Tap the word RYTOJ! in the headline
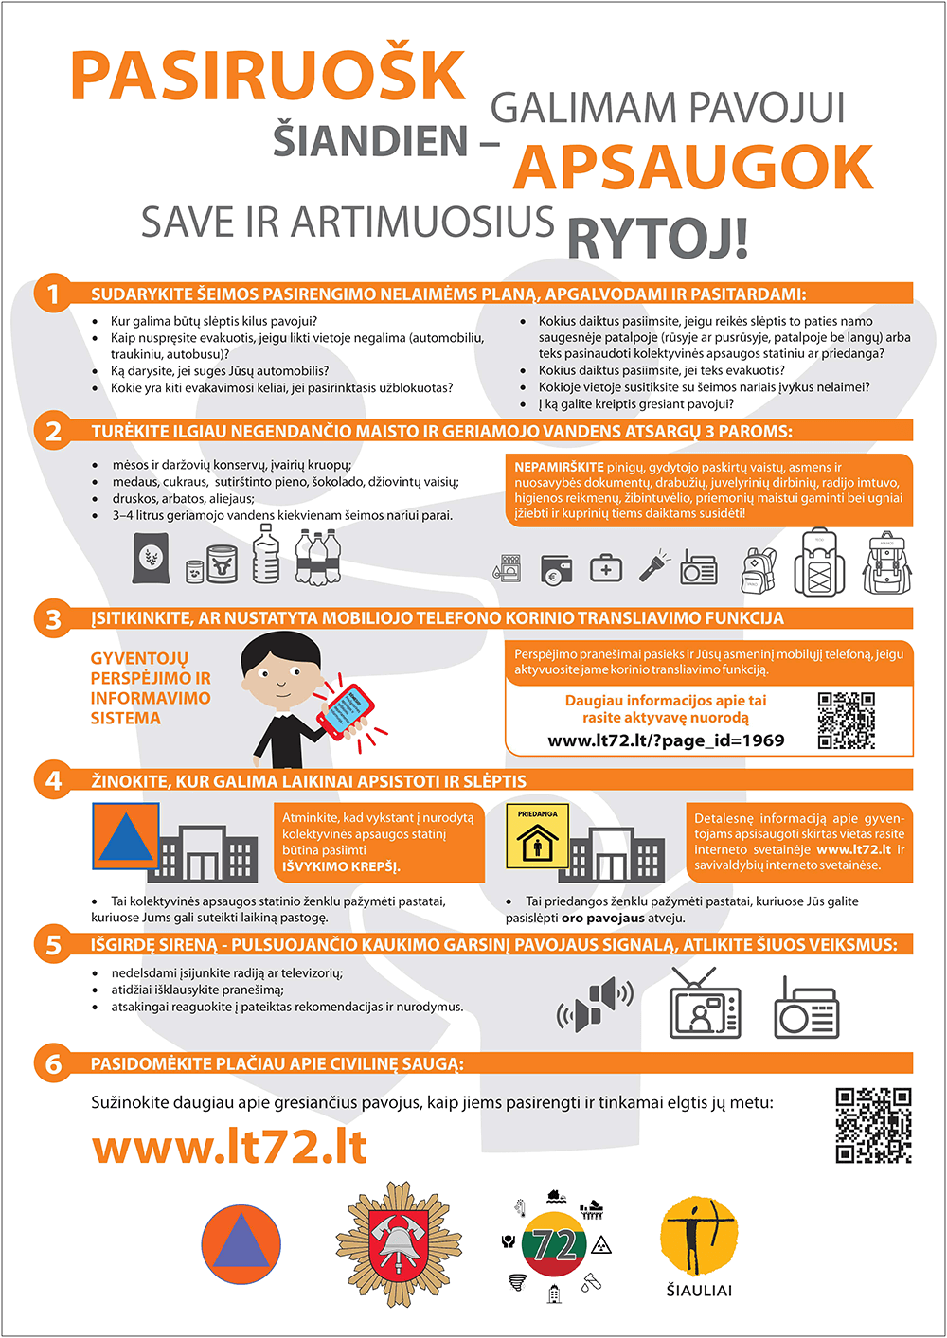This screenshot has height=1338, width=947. pyautogui.click(x=658, y=238)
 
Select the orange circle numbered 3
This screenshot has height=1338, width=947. pyautogui.click(x=53, y=618)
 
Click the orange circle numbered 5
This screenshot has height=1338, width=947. pyautogui.click(x=53, y=944)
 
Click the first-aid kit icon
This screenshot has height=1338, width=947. pyautogui.click(x=606, y=568)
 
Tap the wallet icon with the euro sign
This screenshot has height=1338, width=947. pyautogui.click(x=556, y=570)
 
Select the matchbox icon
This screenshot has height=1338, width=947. pyautogui.click(x=508, y=569)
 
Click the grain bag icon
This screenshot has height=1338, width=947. pyautogui.click(x=151, y=558)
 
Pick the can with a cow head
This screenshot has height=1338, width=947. pyautogui.click(x=223, y=563)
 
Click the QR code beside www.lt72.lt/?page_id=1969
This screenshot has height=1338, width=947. pyautogui.click(x=846, y=721)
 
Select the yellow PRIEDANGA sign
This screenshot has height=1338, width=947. pyautogui.click(x=537, y=835)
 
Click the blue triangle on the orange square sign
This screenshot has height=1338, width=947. pyautogui.click(x=125, y=838)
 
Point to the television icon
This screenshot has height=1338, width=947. pyautogui.click(x=705, y=1004)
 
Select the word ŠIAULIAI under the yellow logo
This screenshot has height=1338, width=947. pyautogui.click(x=699, y=1291)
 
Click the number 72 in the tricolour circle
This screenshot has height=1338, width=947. pyautogui.click(x=556, y=1244)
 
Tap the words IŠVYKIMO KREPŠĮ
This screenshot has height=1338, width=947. pyautogui.click(x=341, y=866)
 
